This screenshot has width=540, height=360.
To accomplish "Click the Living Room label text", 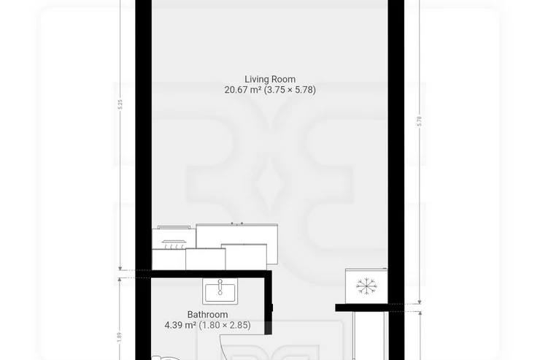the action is coord(270,80).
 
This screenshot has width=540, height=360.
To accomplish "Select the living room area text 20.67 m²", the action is coord(243,90).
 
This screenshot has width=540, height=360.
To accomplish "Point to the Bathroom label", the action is coord(207,315).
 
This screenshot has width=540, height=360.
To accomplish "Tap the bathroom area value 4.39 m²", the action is coord(180,325).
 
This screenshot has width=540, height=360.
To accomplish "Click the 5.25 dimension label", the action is coord(120,104).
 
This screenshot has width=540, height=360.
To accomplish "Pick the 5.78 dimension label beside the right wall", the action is coord(419,121).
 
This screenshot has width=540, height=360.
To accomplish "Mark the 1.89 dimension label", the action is coord(119,337).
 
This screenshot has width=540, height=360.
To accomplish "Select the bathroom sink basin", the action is coord(220,291).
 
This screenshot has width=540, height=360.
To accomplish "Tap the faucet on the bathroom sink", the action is coord(220,287).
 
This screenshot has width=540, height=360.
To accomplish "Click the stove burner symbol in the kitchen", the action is coord(174,244).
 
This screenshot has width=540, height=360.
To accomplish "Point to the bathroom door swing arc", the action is coord(222,347).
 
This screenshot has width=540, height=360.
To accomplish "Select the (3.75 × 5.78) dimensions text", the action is coord(290,90).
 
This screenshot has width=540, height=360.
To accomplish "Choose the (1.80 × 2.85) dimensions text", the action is coord(225,325).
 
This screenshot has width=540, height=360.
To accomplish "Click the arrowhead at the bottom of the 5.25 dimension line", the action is coord(120,269).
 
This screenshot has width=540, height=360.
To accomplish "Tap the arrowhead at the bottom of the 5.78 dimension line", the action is coord(419,302).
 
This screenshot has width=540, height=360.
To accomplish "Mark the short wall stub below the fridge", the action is coord(362,307).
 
